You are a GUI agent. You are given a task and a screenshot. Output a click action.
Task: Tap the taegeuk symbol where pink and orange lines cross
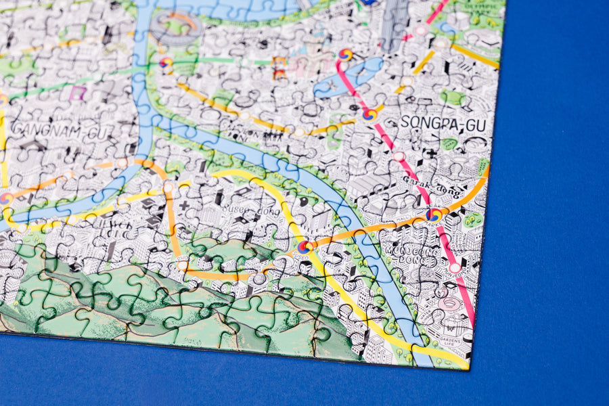434,215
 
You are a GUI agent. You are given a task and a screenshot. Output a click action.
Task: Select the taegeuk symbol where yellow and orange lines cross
305,248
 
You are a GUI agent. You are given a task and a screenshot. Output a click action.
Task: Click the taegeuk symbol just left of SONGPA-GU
369,114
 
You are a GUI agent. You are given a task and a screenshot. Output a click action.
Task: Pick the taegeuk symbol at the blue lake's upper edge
346,55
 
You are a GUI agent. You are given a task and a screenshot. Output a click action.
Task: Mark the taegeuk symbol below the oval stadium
166,63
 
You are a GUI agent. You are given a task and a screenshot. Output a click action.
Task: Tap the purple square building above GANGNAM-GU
78,93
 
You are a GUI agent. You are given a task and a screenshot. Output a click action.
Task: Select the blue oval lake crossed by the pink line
348,76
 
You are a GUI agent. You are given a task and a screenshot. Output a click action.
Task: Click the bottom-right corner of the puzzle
469,369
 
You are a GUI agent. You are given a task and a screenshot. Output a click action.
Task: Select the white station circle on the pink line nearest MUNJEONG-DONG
455,268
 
